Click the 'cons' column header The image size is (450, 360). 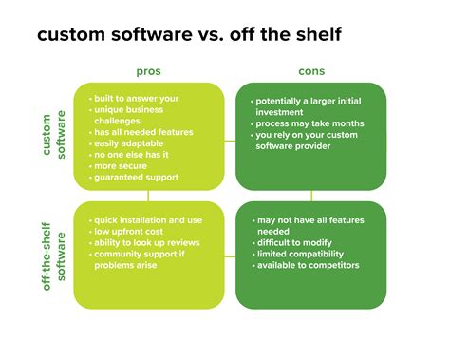coord(309,72)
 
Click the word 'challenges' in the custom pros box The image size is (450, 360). coord(120,121)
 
